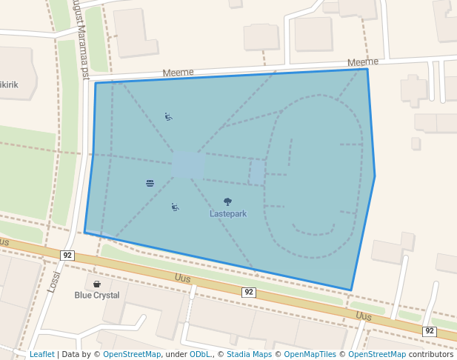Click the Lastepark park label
pyautogui.click(x=228, y=214)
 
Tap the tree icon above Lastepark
pyautogui.click(x=227, y=201)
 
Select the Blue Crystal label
pyautogui.click(x=96, y=295)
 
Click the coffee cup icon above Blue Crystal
pyautogui.click(x=96, y=284)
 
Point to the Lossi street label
pyautogui.click(x=53, y=281)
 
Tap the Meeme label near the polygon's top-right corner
pyautogui.click(x=362, y=62)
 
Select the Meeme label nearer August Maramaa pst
pyautogui.click(x=178, y=73)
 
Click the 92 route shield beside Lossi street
pyautogui.click(x=67, y=256)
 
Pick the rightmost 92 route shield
pyautogui.click(x=429, y=331)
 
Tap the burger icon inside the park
pyautogui.click(x=150, y=183)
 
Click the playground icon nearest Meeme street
pyautogui.click(x=169, y=116)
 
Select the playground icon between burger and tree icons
pyautogui.click(x=175, y=207)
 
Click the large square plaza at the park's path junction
pyautogui.click(x=187, y=165)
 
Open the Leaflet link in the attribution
pyautogui.click(x=41, y=355)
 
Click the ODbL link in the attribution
pyautogui.click(x=199, y=355)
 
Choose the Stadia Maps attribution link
pyautogui.click(x=249, y=355)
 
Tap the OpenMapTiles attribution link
pyautogui.click(x=309, y=355)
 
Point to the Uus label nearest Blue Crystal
pyautogui.click(x=182, y=278)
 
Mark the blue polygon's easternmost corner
pyautogui.click(x=375, y=176)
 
